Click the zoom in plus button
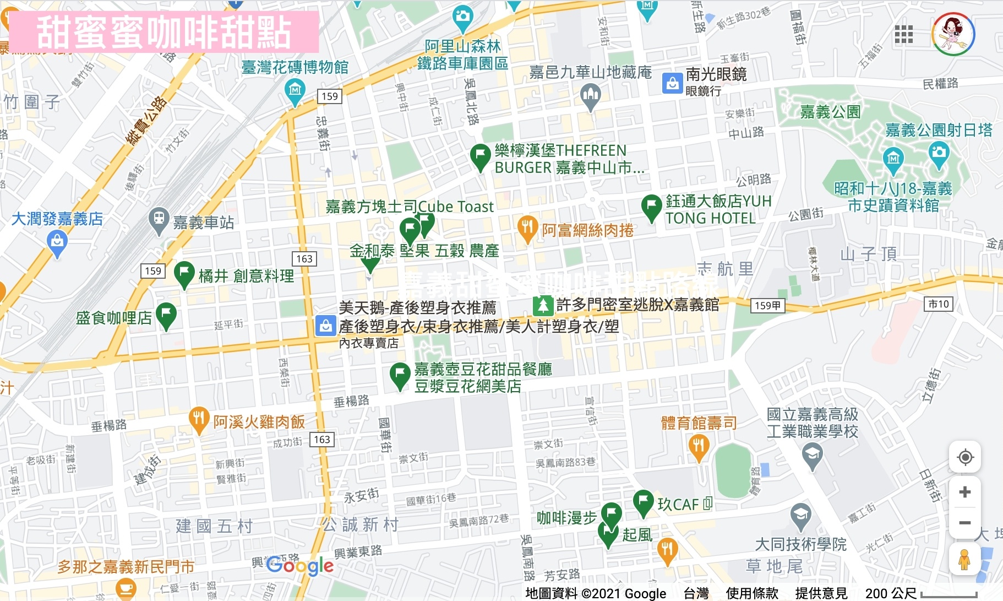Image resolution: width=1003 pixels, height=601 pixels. click(964, 492)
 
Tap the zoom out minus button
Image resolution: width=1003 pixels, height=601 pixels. click(964, 523)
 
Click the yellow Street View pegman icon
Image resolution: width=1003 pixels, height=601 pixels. click(964, 560)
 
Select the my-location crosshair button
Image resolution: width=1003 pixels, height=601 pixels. click(965, 457)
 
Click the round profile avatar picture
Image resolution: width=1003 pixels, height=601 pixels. click(953, 34)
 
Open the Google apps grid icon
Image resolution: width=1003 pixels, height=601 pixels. click(904, 34)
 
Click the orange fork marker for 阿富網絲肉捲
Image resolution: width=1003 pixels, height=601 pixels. click(527, 228)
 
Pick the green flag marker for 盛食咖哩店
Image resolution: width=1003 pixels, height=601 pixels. click(166, 315)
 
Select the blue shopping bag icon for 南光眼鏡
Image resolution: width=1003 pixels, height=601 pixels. click(672, 83)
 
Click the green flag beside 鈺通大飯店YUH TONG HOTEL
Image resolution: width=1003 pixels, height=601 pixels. click(651, 207)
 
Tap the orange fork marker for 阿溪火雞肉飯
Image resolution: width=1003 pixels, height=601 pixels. click(198, 419)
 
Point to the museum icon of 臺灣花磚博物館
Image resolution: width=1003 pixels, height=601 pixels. click(295, 90)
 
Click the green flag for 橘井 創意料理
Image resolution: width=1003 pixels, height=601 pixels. click(184, 273)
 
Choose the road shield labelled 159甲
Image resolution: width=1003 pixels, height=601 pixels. click(767, 305)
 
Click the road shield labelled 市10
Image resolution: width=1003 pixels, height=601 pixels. click(939, 304)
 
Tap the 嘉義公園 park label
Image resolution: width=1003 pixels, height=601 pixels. click(830, 112)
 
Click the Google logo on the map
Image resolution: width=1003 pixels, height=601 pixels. click(300, 565)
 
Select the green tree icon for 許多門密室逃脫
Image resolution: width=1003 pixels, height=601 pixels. click(543, 305)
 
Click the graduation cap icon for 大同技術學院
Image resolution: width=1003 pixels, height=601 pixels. click(800, 515)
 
